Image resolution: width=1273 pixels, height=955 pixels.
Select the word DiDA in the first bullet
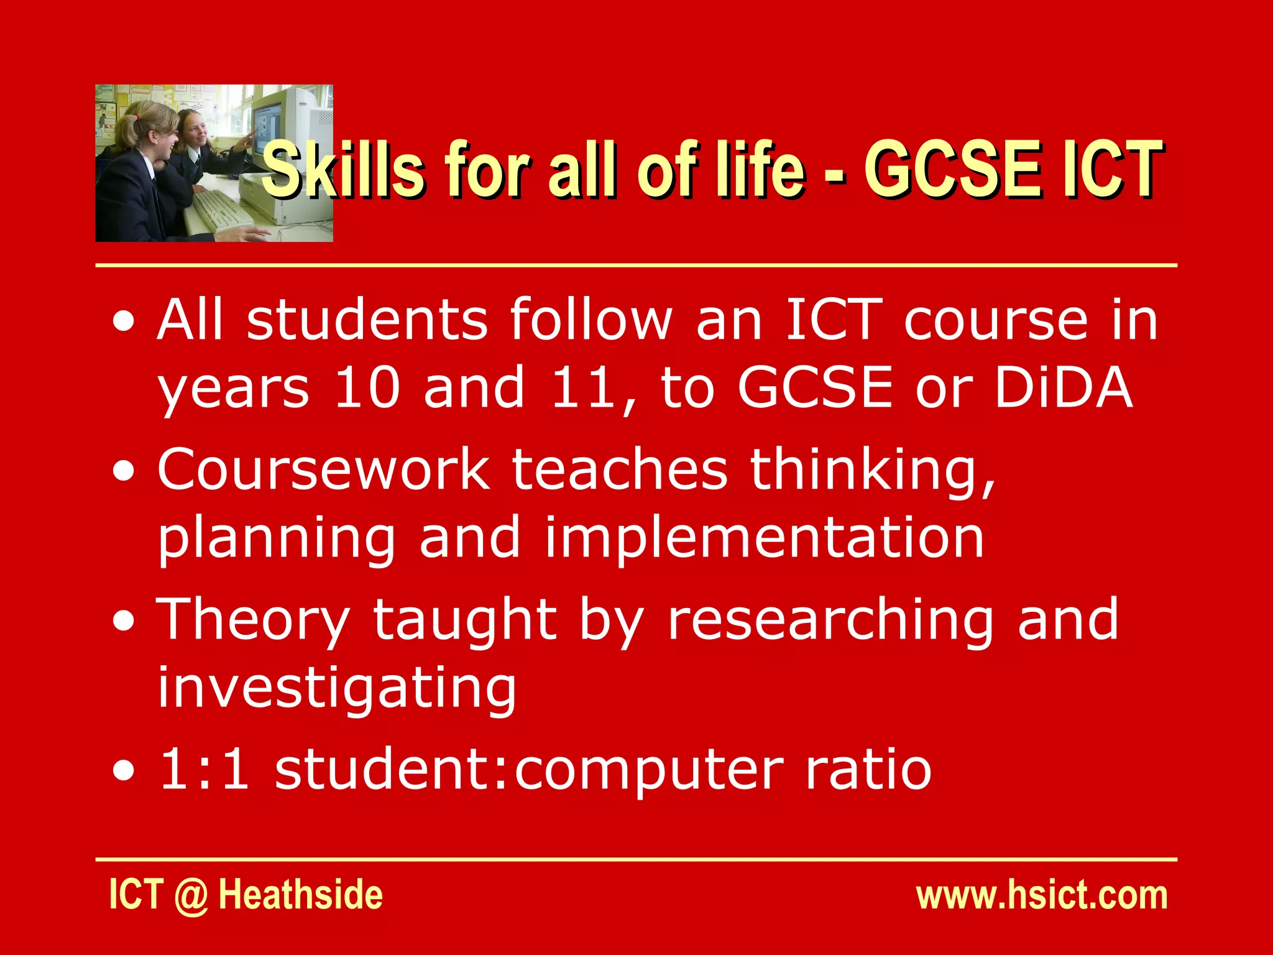point(1064,387)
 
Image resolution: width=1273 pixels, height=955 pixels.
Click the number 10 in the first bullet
point(367,387)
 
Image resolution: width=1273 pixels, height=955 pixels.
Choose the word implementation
point(764,537)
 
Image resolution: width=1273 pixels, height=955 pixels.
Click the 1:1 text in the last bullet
point(205,770)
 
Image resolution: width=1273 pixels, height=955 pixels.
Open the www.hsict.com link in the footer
point(1042,895)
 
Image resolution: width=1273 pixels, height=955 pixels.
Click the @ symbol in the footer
point(191,896)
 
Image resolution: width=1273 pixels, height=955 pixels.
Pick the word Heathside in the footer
point(301,895)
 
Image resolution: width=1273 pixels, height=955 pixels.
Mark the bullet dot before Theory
point(124,622)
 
